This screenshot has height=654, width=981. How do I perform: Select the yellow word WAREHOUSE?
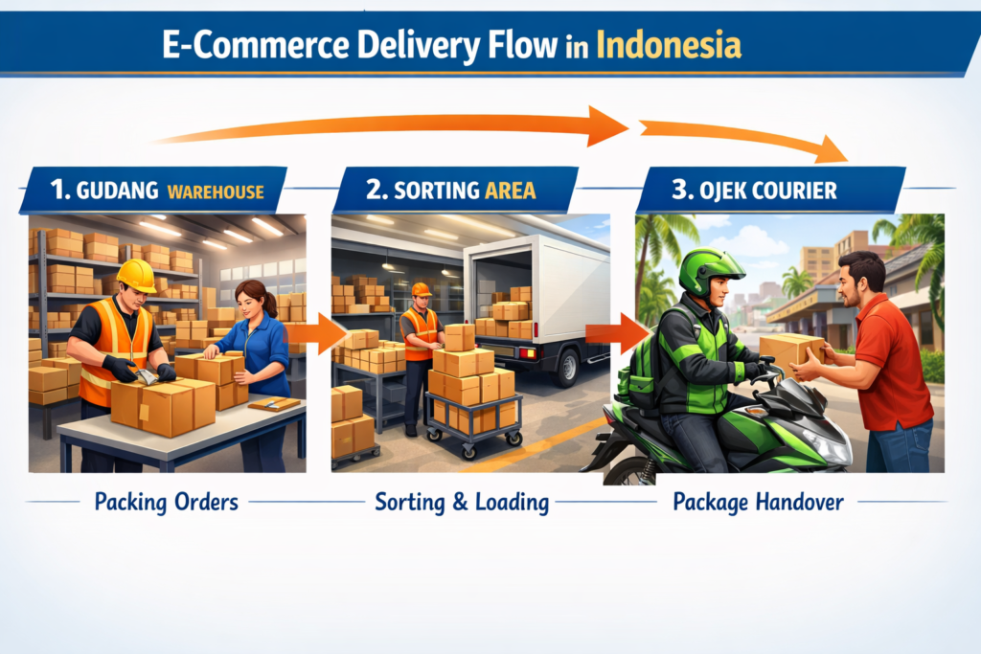[x=216, y=192]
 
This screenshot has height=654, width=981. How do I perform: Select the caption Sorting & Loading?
[x=462, y=502]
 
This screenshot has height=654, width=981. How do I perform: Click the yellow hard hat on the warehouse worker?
[x=135, y=275]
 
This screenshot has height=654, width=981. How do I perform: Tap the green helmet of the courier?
[x=709, y=270]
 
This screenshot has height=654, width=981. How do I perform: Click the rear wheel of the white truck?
[x=568, y=367]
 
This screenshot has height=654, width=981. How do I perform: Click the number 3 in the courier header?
[x=682, y=190]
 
